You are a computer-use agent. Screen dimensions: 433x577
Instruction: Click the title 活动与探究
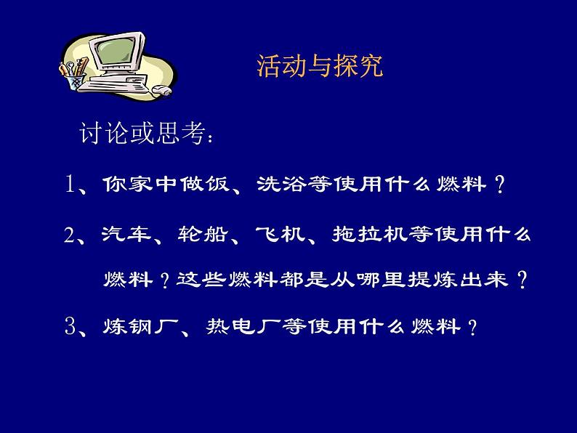pos(320,68)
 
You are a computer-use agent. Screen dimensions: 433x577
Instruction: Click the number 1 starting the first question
pos(70,185)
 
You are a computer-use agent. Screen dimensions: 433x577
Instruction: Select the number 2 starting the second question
pos(70,236)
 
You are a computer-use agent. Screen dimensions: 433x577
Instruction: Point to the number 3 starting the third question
pos(70,328)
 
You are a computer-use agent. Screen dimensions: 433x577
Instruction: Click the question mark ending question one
pos(499,187)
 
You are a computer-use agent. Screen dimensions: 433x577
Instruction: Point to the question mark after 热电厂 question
pos(472,329)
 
